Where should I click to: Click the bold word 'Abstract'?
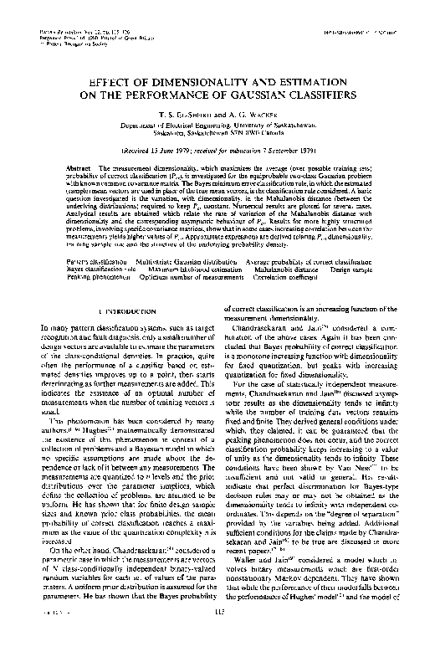coord(81,168)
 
